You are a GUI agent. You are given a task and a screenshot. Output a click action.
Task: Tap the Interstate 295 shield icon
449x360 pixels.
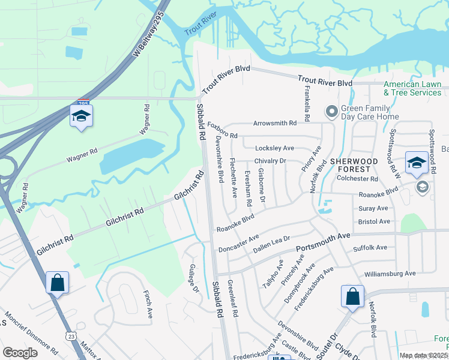83,104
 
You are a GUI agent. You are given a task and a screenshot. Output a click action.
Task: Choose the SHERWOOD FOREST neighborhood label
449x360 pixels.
354,165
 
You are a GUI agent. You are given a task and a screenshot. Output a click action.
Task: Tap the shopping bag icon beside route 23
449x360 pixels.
57,282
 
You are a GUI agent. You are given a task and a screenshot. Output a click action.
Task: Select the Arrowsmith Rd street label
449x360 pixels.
275,123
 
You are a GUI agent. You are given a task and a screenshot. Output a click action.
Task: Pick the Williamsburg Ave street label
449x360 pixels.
390,274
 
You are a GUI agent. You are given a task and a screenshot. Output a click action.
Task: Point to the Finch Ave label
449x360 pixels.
148,305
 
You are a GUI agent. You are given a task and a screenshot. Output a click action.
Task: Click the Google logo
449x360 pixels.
20,353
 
